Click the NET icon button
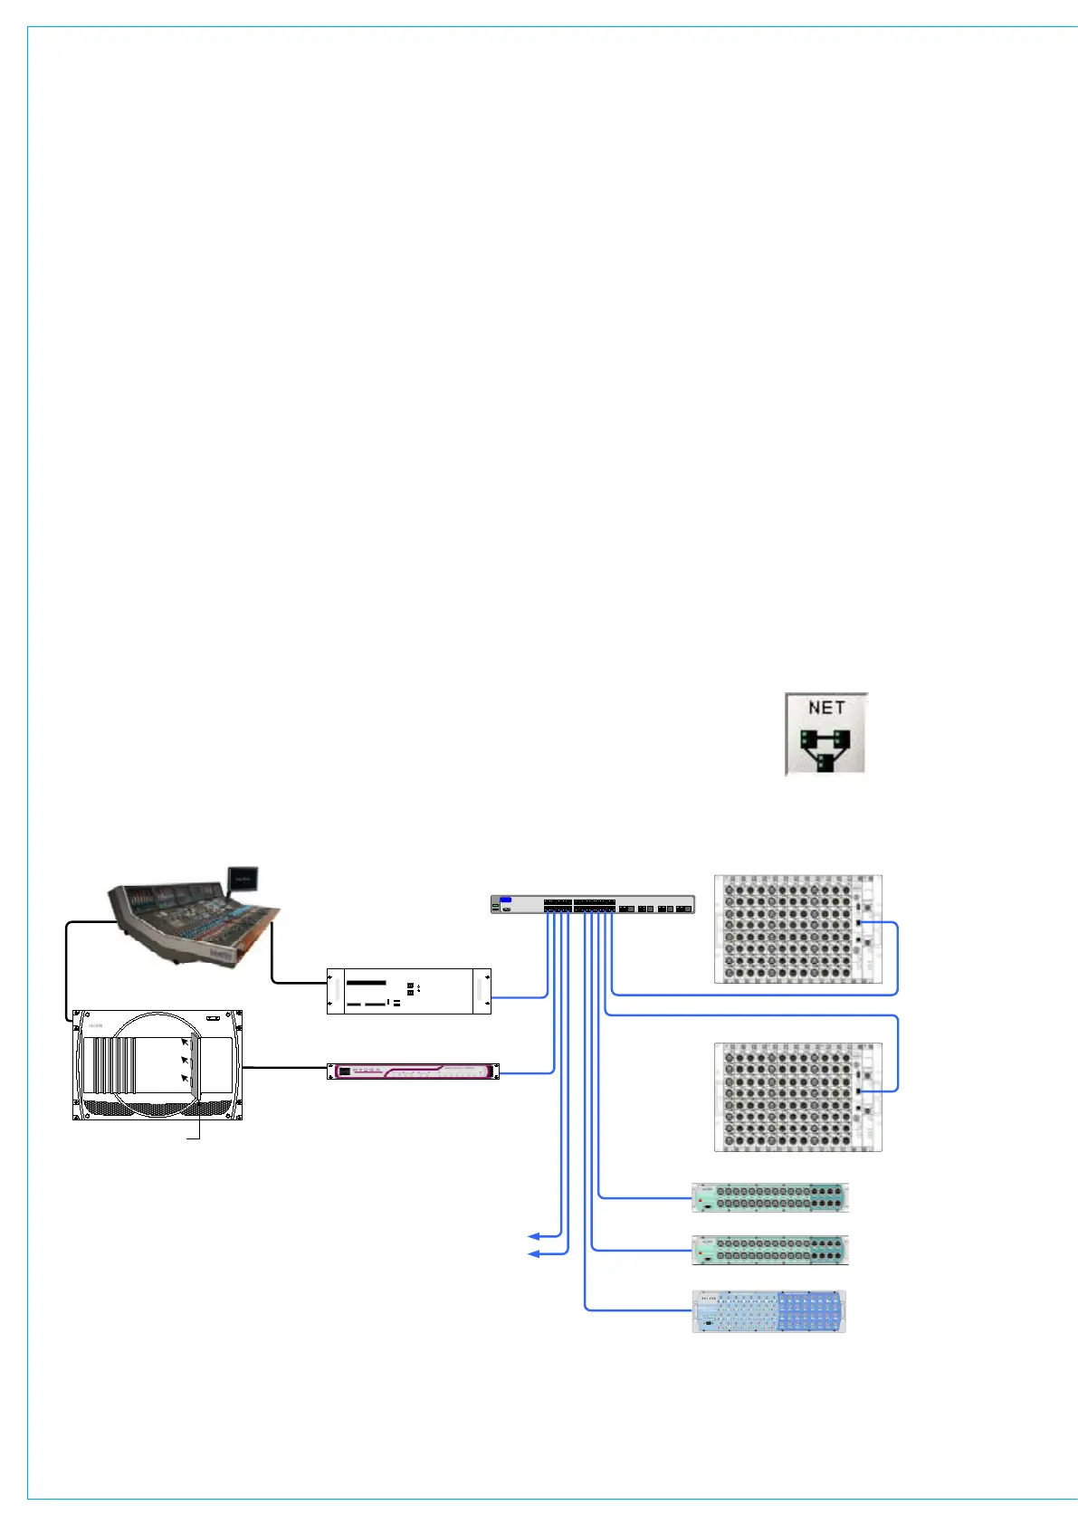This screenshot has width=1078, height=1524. (825, 734)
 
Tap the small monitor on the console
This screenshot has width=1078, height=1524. (243, 878)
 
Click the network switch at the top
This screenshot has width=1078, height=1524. (593, 904)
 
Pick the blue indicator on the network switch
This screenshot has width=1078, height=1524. (505, 900)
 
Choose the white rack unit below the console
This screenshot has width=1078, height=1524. (408, 991)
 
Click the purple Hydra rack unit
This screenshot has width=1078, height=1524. (413, 1072)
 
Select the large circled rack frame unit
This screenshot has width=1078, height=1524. (157, 1065)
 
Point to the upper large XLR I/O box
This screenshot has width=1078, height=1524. (797, 929)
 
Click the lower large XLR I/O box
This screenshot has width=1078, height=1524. (797, 1097)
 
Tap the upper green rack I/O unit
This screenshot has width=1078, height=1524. (769, 1197)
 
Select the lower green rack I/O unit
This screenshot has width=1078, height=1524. (769, 1250)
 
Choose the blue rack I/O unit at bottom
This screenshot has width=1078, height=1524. (768, 1311)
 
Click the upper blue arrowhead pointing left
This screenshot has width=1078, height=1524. (534, 1235)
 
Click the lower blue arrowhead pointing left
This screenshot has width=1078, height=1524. (534, 1253)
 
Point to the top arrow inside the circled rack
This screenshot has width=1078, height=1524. (185, 1043)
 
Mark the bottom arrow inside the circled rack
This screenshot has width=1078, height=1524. (185, 1078)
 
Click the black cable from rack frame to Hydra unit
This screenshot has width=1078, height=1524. (284, 1068)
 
